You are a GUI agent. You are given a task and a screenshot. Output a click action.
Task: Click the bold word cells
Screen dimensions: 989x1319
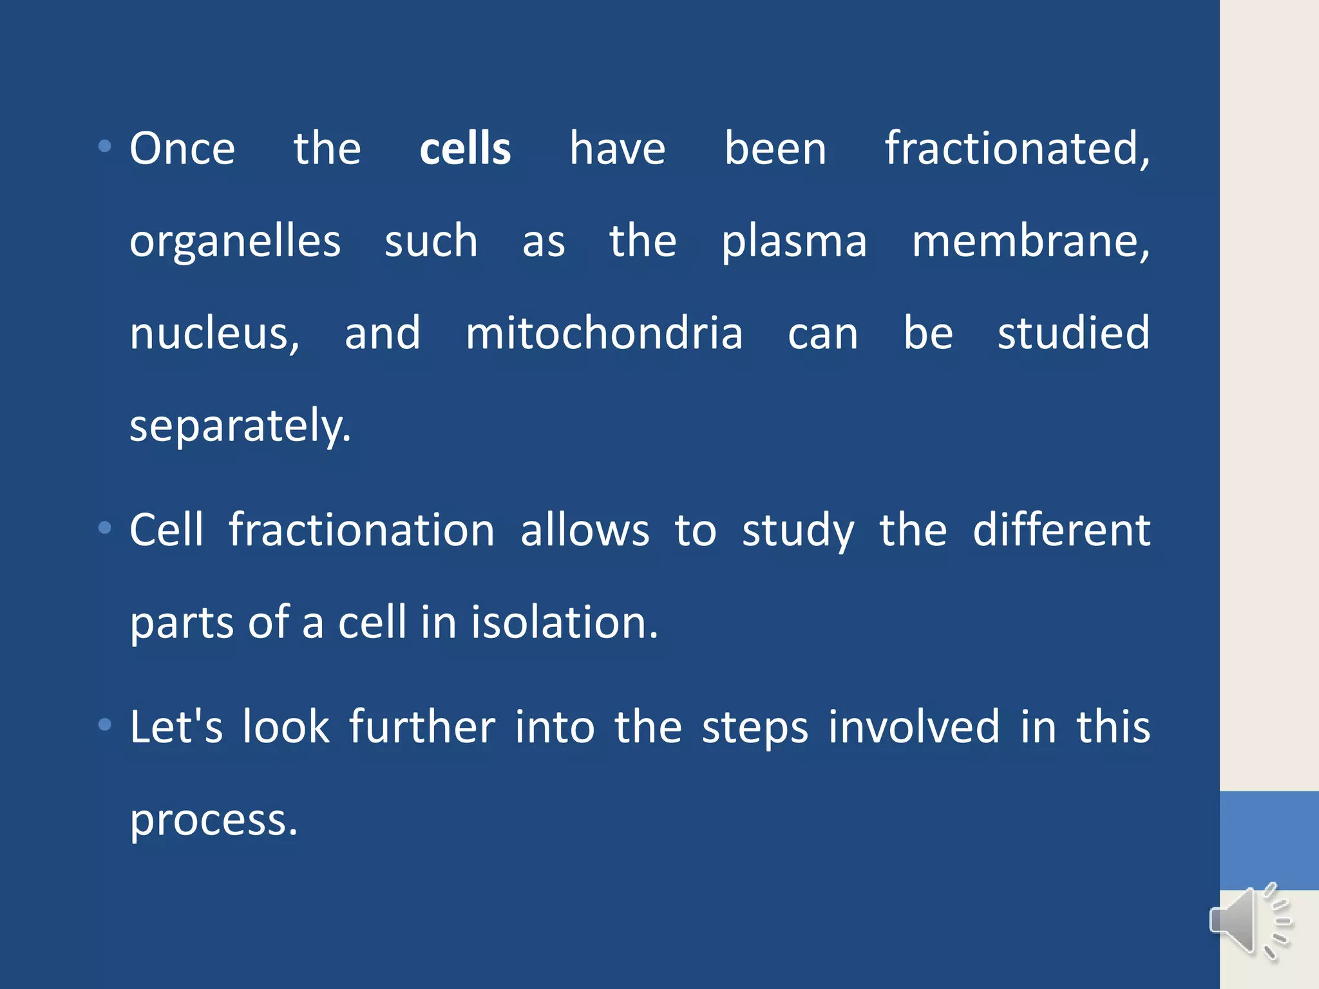[465, 148]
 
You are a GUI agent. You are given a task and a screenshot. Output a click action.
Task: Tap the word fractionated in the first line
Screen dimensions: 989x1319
[1016, 148]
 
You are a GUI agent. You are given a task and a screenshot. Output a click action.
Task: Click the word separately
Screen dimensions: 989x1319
[240, 426]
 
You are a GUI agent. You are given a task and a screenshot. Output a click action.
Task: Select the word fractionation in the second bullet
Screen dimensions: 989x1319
[361, 530]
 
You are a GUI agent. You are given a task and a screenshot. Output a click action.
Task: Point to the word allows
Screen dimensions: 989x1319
[585, 530]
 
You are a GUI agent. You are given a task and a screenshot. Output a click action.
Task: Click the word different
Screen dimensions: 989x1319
[1061, 530]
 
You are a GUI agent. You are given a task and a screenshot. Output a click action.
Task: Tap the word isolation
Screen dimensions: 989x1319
[564, 623]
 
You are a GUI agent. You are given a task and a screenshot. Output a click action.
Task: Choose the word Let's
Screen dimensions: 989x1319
[176, 726]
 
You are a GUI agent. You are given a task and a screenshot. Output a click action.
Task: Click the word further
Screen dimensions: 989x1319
[422, 726]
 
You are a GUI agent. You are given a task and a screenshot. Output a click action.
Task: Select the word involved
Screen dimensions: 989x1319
[914, 726]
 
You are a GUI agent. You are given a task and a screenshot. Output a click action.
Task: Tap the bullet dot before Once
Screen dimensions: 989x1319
[104, 147]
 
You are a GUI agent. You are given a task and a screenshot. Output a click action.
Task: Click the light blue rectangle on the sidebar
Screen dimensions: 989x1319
[1269, 840]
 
